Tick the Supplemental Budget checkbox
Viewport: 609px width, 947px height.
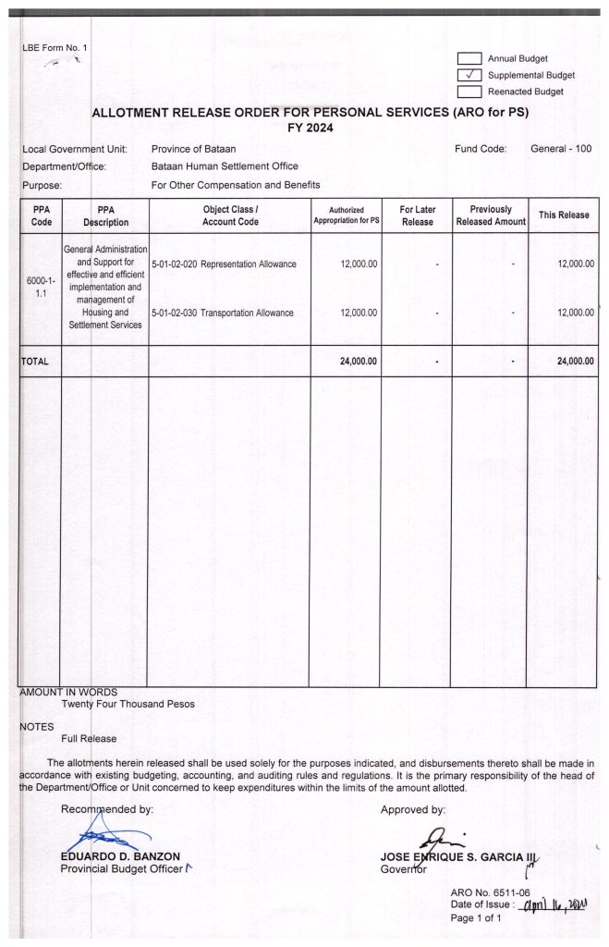click(470, 75)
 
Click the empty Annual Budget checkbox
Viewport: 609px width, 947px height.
click(470, 58)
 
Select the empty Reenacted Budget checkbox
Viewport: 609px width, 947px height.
click(470, 92)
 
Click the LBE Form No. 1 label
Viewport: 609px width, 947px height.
click(54, 47)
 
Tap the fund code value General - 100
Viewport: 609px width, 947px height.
click(561, 149)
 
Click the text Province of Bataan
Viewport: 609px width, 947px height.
click(193, 149)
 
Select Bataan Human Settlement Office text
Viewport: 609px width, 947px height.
click(225, 166)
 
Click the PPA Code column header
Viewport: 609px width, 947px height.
click(41, 215)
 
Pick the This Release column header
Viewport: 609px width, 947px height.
click(564, 215)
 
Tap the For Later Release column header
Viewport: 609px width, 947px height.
click(417, 215)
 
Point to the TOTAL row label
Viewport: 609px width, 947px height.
click(35, 361)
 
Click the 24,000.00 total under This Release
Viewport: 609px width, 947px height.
click(575, 361)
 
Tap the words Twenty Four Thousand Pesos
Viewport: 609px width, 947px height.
click(128, 704)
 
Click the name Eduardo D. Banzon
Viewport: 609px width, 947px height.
click(120, 856)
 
